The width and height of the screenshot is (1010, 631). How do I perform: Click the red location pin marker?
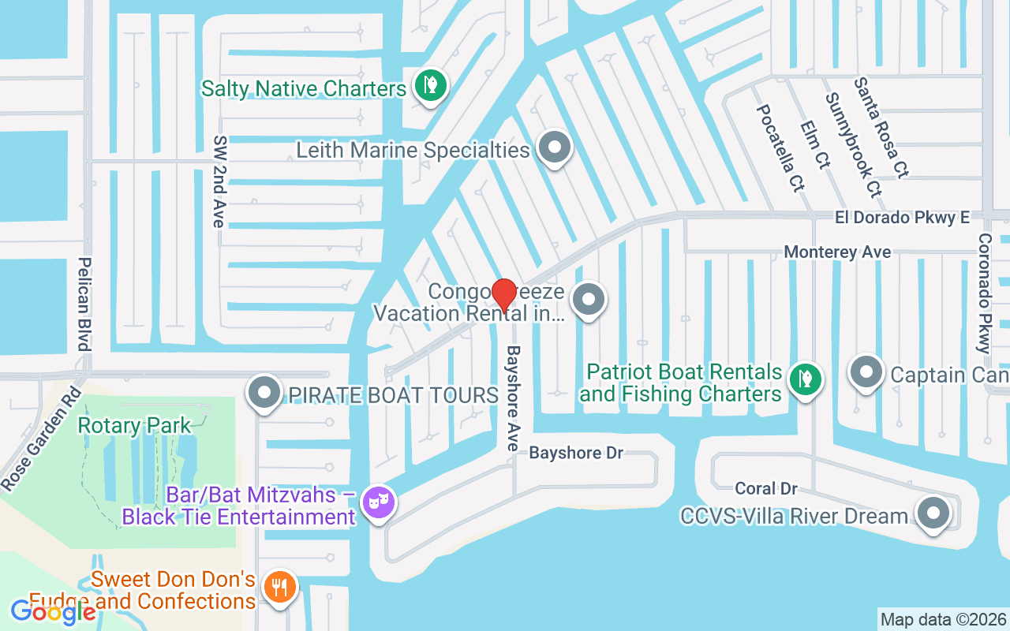tap(504, 295)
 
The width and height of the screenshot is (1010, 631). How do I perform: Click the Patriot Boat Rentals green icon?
tap(805, 380)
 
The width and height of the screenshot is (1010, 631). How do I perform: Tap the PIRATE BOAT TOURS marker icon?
tap(264, 392)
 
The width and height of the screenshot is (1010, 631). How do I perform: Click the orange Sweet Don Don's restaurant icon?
tap(279, 587)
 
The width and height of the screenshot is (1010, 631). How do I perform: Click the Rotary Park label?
tap(134, 426)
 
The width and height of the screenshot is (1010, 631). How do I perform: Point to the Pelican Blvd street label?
tap(84, 304)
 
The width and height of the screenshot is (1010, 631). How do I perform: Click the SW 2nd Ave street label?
tap(219, 181)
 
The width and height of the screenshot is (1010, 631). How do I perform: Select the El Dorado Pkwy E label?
tap(903, 218)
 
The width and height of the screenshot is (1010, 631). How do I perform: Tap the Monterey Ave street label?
tap(837, 252)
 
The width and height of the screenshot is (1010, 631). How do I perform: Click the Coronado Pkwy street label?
tap(984, 293)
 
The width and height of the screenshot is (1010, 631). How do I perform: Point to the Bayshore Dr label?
tap(576, 453)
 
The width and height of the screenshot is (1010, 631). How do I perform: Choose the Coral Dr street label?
tap(765, 489)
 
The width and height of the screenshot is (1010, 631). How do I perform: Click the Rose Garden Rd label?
tap(40, 439)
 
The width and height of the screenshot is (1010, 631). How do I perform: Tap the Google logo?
tap(53, 611)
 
